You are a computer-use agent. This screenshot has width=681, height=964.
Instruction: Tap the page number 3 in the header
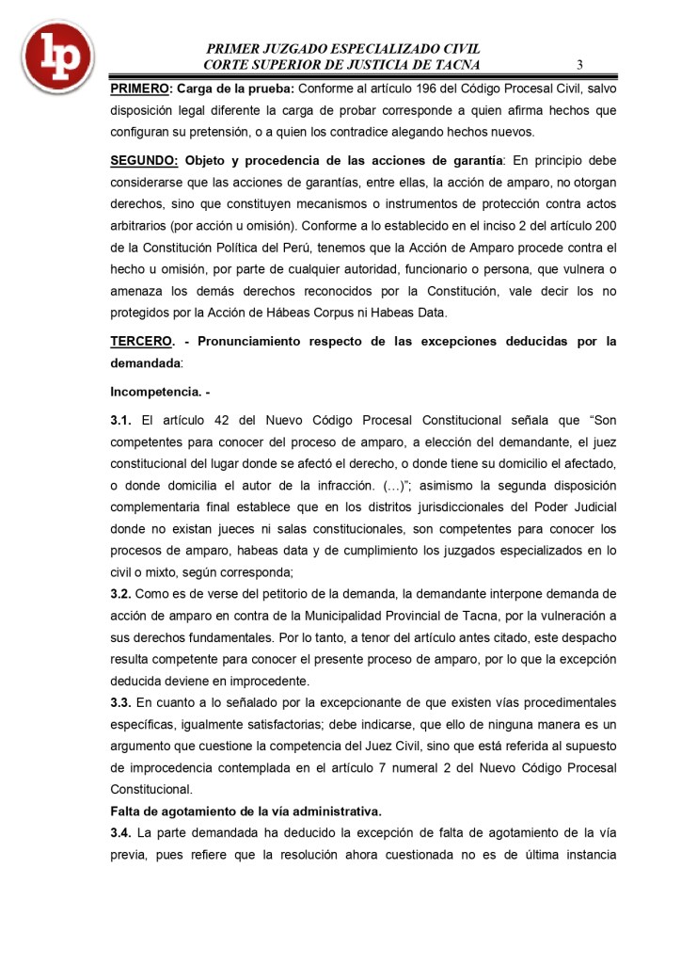(580, 65)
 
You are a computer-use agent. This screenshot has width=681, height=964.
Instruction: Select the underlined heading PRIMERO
(138, 88)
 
